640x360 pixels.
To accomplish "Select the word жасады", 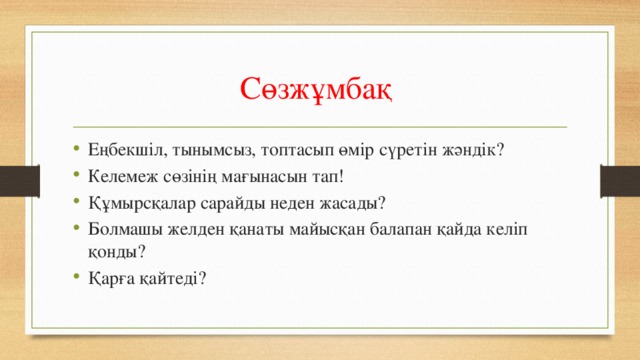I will tap(352, 202).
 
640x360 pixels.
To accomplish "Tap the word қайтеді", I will tap(175, 279).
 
